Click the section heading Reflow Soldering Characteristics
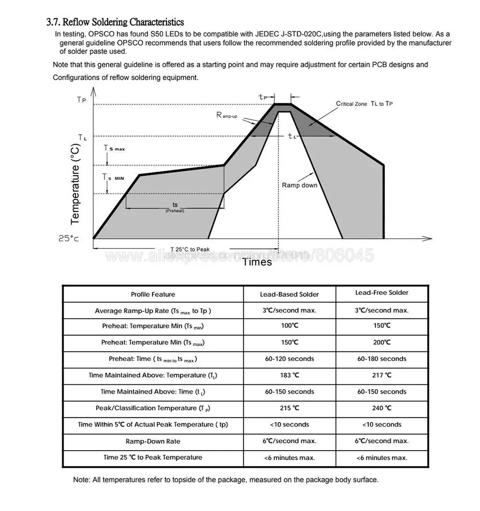(115, 22)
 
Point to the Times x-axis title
(257, 262)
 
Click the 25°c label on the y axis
(69, 238)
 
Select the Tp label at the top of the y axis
(82, 100)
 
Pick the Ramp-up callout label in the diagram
(227, 116)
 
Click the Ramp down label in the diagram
(299, 185)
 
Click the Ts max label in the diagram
(114, 149)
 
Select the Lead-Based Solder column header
(289, 294)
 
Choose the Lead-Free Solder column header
(382, 293)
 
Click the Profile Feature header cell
(153, 294)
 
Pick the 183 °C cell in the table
(289, 375)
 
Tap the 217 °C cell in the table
(382, 375)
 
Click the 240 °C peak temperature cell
(382, 408)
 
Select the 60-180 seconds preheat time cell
(382, 359)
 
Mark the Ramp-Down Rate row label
(153, 441)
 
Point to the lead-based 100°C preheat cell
(289, 326)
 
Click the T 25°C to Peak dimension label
(190, 250)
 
